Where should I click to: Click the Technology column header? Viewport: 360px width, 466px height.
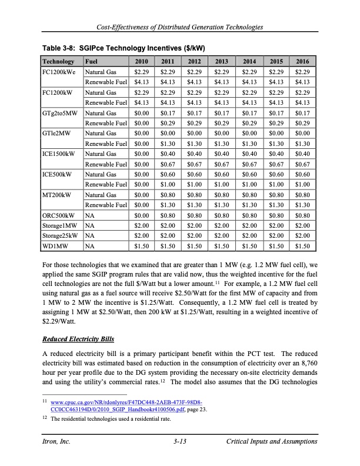[58, 61]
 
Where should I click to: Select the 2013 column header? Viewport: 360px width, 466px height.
[222, 61]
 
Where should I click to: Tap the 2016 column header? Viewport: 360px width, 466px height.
[302, 61]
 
